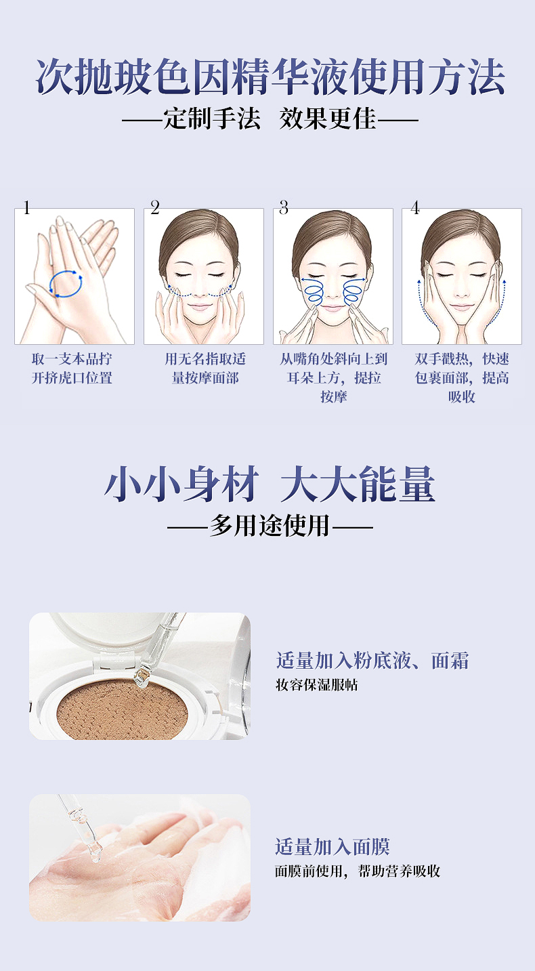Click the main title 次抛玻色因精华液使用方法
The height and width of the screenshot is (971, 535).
[x=270, y=77]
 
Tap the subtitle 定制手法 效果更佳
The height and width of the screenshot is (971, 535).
[x=270, y=119]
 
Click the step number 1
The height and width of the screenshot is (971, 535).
[x=27, y=208]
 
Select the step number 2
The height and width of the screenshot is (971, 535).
[x=155, y=207]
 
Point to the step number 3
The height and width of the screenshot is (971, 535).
[x=284, y=207]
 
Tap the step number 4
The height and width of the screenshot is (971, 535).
[x=415, y=207]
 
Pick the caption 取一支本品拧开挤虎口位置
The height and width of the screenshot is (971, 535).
[x=72, y=368]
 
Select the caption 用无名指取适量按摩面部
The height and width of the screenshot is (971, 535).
[x=205, y=368]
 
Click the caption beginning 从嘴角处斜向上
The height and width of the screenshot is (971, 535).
[x=333, y=377]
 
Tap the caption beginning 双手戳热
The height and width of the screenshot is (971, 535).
[x=462, y=377]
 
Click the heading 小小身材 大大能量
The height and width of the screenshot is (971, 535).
[x=270, y=484]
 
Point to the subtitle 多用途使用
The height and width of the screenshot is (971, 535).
[x=270, y=526]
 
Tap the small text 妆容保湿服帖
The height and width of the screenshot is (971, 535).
[x=317, y=685]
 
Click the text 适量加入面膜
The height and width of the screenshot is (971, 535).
[x=333, y=846]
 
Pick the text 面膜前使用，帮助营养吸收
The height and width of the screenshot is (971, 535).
[x=358, y=871]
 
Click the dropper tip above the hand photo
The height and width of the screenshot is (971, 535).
[x=95, y=854]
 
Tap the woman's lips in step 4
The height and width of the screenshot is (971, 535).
[x=461, y=307]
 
